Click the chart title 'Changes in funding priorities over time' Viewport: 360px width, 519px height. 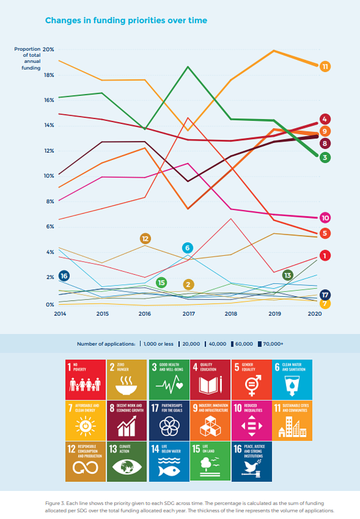(126, 20)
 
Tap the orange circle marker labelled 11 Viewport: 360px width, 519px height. (325, 67)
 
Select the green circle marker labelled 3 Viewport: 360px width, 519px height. (325, 157)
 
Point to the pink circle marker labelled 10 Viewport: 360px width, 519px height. (325, 218)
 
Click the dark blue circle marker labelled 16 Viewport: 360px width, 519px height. (64, 276)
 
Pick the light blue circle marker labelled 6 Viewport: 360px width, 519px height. (187, 248)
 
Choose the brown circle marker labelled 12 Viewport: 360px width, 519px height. (145, 238)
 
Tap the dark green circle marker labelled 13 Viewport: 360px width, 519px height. (287, 275)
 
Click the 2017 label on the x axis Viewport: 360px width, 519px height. (188, 314)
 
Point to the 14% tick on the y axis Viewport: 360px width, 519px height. (49, 125)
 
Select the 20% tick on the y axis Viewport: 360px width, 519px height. (48, 49)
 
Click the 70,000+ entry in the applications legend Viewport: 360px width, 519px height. (273, 344)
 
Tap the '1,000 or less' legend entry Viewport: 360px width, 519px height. (158, 344)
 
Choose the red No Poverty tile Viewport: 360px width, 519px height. (85, 380)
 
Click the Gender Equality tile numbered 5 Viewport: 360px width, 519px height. (252, 380)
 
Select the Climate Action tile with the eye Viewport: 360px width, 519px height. (127, 461)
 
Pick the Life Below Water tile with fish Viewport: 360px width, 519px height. (169, 461)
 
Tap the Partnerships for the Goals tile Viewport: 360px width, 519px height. (169, 420)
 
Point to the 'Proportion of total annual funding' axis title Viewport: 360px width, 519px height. (28, 58)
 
